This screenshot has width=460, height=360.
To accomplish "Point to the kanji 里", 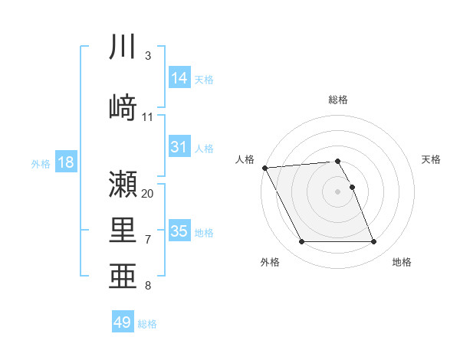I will pyautogui.click(x=123, y=229).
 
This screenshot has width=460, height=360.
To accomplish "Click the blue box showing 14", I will pyautogui.click(x=179, y=77).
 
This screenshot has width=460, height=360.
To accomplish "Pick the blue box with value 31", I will pyautogui.click(x=179, y=147).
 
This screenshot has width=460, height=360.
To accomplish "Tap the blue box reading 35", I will pyautogui.click(x=179, y=231).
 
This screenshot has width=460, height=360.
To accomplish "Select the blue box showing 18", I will pyautogui.click(x=65, y=162).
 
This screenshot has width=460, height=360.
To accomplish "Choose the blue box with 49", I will pyautogui.click(x=123, y=322).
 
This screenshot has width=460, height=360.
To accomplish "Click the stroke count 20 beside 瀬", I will pyautogui.click(x=148, y=194).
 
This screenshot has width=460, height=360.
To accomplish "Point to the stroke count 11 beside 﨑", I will pyautogui.click(x=148, y=117).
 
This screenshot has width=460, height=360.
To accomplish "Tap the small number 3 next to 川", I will pyautogui.click(x=147, y=56).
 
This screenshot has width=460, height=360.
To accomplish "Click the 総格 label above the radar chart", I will pyautogui.click(x=338, y=100).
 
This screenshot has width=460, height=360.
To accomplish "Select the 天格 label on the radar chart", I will pyautogui.click(x=432, y=159).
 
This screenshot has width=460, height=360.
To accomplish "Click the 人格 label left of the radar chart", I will pyautogui.click(x=245, y=159).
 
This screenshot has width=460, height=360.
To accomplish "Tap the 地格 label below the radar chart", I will pyautogui.click(x=402, y=262).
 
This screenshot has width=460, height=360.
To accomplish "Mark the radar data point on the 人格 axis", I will pyautogui.click(x=264, y=168).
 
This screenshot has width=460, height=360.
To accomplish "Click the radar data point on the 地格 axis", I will pyautogui.click(x=374, y=242).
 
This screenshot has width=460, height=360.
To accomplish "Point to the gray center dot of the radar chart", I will pyautogui.click(x=338, y=191).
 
